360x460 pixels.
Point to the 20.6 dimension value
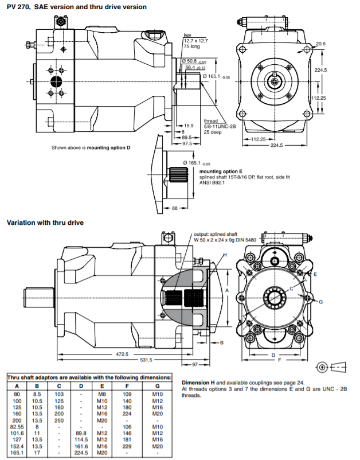(x=321, y=44)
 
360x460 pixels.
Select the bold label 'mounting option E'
(x=221, y=171)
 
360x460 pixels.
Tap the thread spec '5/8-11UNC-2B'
(x=220, y=127)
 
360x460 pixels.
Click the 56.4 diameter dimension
(x=193, y=68)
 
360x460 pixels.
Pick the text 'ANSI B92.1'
(x=214, y=184)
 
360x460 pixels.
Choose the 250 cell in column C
(x=59, y=420)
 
